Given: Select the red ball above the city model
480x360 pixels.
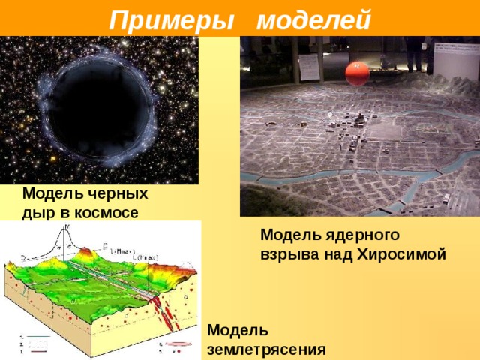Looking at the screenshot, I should point(357,73).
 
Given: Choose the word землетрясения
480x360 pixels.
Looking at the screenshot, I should point(266,349).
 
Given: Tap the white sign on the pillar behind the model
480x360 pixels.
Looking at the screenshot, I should point(309,67).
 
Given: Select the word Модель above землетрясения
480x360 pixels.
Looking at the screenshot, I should point(236,331).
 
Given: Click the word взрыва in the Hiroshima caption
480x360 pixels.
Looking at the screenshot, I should point(286,253).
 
